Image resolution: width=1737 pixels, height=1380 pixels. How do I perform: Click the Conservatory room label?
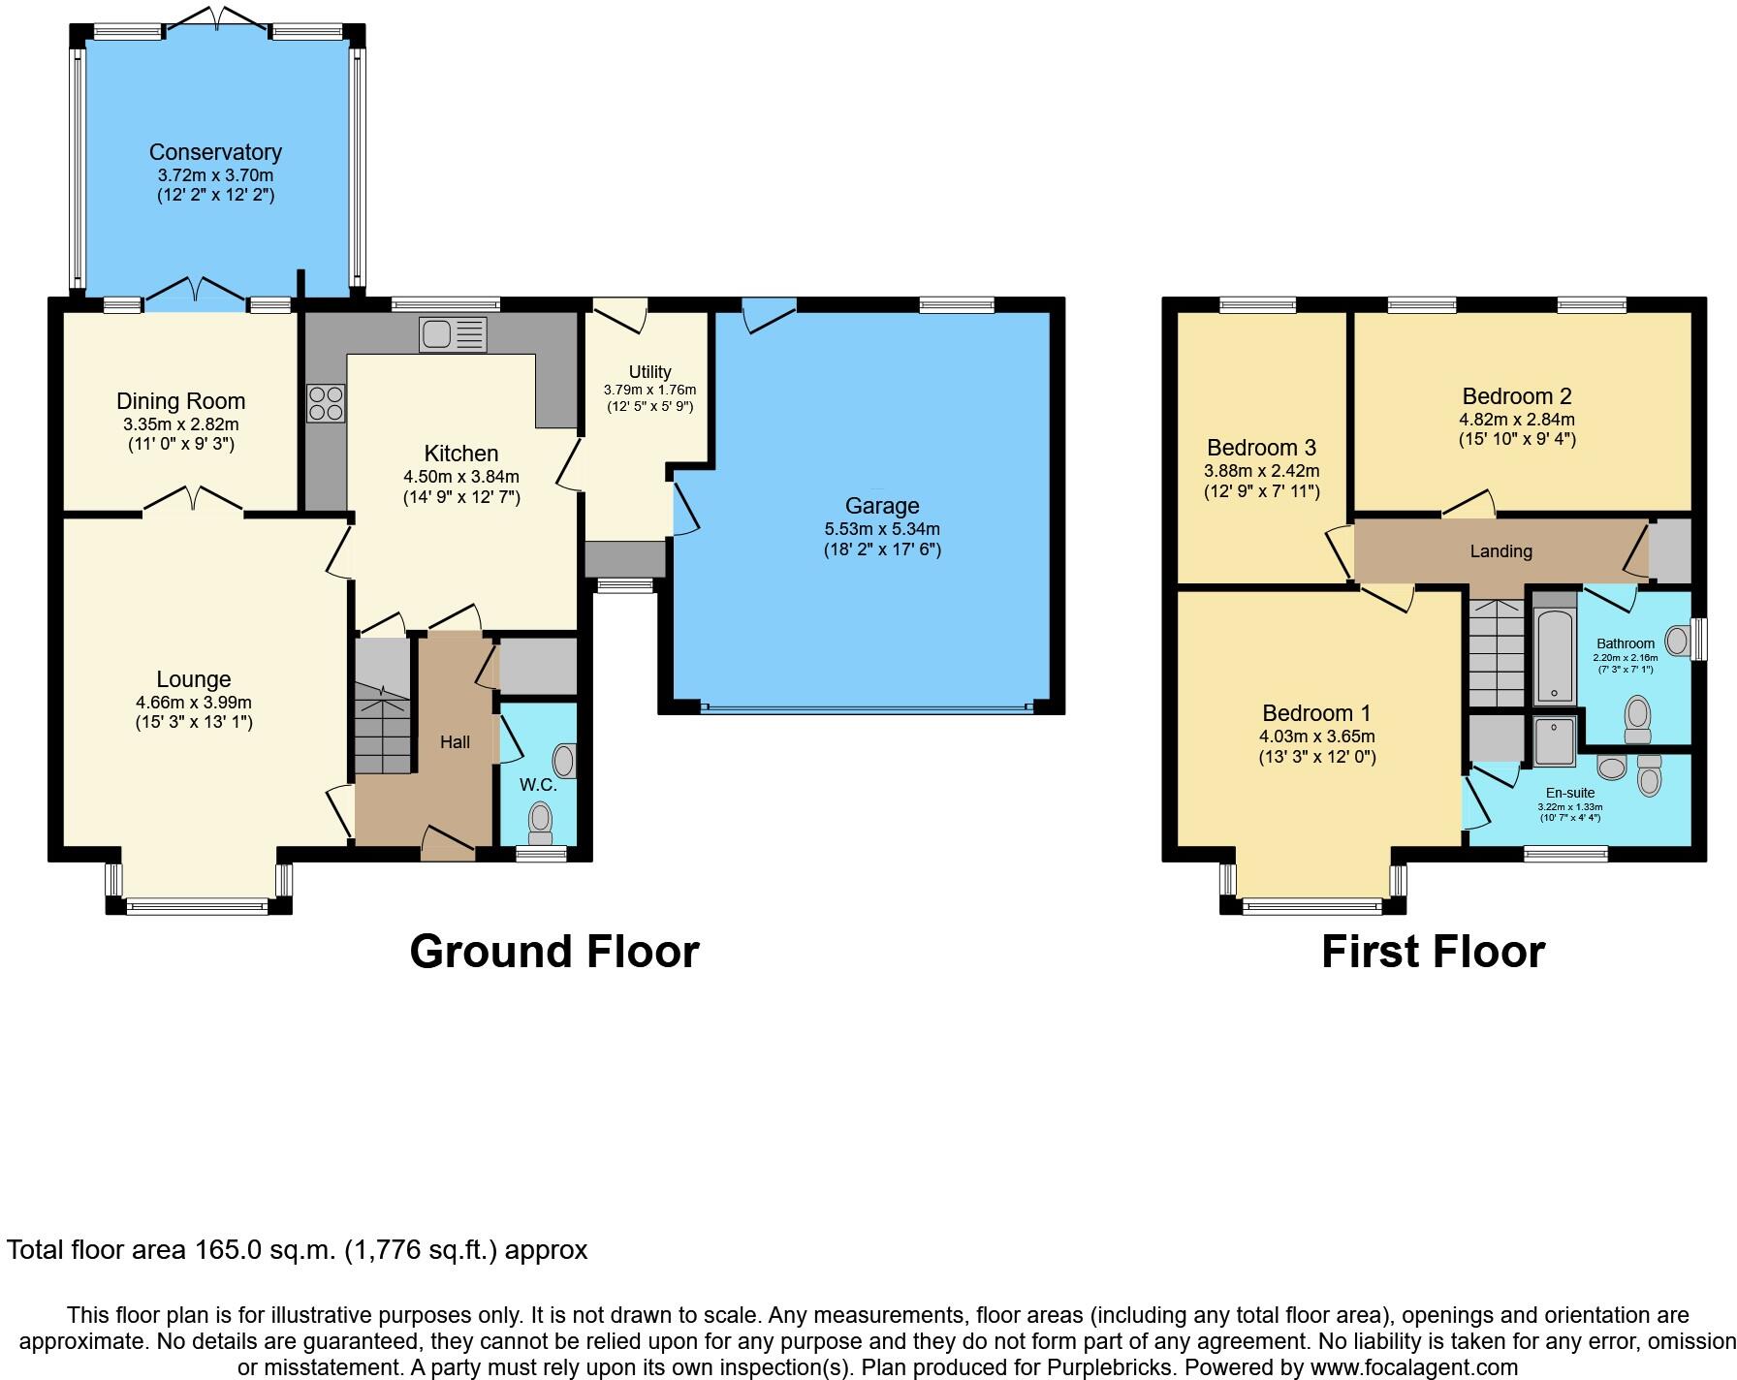coord(215,152)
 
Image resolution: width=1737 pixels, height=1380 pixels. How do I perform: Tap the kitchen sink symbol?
coord(453,334)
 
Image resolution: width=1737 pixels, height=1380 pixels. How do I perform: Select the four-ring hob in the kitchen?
coord(326,403)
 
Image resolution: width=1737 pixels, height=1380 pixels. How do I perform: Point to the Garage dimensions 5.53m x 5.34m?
coord(881,529)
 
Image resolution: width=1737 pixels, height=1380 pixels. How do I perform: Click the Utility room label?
coord(649,372)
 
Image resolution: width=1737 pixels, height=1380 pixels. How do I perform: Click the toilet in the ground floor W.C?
coord(540,823)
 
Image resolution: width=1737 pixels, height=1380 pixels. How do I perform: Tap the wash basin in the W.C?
coord(564,762)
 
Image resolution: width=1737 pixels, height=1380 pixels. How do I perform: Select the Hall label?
coord(455,742)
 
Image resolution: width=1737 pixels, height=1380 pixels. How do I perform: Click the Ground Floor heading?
coord(553,952)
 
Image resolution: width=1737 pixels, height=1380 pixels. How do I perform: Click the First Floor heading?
coord(1433,952)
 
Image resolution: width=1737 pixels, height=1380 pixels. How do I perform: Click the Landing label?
coord(1500,551)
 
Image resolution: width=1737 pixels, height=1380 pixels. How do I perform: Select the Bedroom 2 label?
coord(1516,396)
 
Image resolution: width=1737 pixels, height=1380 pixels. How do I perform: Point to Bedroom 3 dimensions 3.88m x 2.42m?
coord(1261,471)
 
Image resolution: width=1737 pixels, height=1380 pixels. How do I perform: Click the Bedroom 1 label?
coord(1316,713)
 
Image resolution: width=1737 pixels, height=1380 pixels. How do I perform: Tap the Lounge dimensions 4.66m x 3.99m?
coord(194,703)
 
